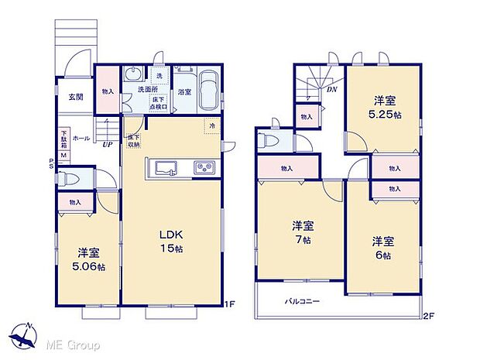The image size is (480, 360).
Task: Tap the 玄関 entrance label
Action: (75, 97)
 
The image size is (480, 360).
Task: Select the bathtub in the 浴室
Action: (207, 87)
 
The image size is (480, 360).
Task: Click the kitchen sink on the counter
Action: (167, 167)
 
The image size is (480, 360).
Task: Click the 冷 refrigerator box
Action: (211, 125)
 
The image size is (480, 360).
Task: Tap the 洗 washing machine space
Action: (159, 75)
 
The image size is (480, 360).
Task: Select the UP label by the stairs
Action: (109, 143)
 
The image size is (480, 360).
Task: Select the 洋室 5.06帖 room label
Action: (87, 259)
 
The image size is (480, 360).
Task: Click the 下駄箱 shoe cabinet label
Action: (64, 139)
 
